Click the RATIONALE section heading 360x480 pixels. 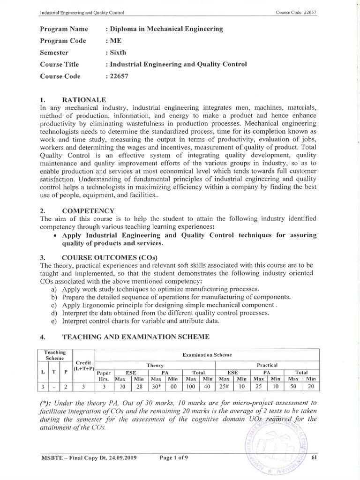tap(84, 100)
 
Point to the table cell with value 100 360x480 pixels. tap(191, 387)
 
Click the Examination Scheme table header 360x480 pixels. tap(207, 355)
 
